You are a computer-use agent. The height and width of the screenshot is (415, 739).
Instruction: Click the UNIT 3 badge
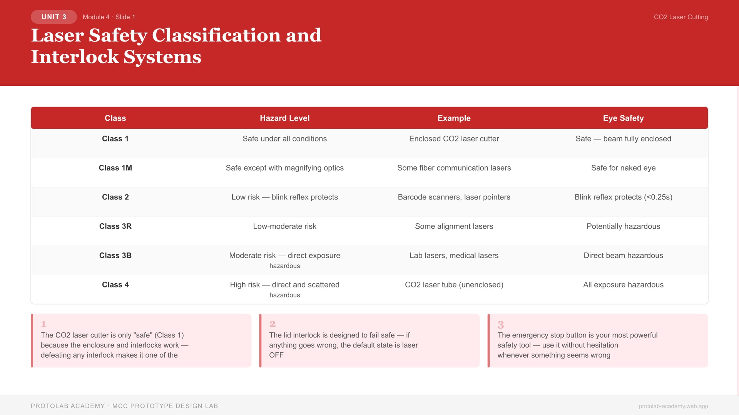click(54, 17)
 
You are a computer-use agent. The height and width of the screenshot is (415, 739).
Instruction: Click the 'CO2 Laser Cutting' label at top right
click(680, 17)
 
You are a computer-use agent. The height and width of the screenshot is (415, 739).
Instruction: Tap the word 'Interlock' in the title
click(75, 57)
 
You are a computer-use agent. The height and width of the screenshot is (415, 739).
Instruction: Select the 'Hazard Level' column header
click(284, 118)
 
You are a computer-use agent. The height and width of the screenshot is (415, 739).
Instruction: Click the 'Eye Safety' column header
click(623, 118)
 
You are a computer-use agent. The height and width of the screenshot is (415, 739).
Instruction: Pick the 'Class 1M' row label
click(115, 168)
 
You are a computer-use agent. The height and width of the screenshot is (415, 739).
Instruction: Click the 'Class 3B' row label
click(115, 256)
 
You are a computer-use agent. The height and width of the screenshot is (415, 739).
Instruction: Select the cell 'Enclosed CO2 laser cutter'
click(454, 139)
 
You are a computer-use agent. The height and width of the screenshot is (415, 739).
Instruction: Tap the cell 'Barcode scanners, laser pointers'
click(454, 197)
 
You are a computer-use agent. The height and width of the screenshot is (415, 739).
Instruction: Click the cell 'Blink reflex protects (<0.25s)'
click(623, 197)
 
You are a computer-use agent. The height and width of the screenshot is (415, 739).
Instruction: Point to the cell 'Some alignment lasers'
click(454, 226)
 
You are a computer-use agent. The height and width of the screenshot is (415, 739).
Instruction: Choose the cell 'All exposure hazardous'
click(623, 285)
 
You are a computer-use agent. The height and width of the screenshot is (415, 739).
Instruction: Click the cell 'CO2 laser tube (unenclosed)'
click(454, 285)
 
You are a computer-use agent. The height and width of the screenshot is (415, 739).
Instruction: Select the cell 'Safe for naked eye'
click(623, 168)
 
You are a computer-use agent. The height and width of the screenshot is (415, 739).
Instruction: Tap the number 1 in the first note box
click(43, 324)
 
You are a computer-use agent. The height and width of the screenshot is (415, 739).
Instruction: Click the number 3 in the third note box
click(500, 325)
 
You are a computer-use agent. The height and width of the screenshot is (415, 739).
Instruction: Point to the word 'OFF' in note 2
click(276, 355)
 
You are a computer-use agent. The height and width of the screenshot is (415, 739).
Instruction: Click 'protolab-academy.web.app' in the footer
click(673, 406)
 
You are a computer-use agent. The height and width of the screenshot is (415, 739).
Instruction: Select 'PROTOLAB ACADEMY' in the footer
click(68, 406)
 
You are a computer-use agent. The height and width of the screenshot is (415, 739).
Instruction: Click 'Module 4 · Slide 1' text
click(109, 17)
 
